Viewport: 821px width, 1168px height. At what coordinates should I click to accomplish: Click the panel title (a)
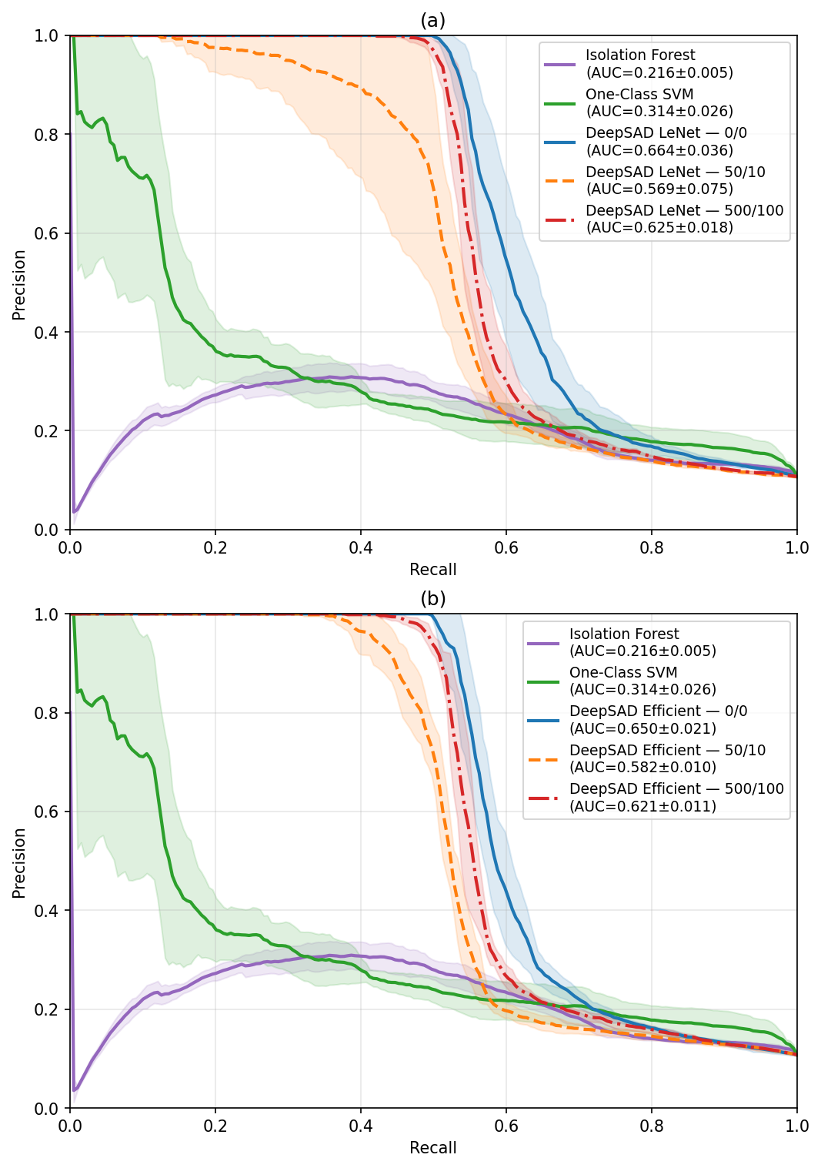432,21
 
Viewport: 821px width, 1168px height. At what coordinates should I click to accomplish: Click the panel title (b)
432,599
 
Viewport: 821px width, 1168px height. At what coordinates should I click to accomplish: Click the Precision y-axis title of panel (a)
19,284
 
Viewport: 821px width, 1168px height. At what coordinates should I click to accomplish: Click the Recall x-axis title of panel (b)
432,1148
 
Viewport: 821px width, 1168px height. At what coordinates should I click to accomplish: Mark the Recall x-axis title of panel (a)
432,570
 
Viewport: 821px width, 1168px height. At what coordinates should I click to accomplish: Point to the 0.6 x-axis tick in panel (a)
506,548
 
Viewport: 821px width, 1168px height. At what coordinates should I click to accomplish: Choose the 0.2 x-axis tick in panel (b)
215,1126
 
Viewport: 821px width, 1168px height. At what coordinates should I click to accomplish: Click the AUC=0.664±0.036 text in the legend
659,151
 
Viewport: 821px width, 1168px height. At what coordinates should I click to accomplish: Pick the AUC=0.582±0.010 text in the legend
642,768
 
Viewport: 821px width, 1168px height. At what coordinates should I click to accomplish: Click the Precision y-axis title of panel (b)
19,862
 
